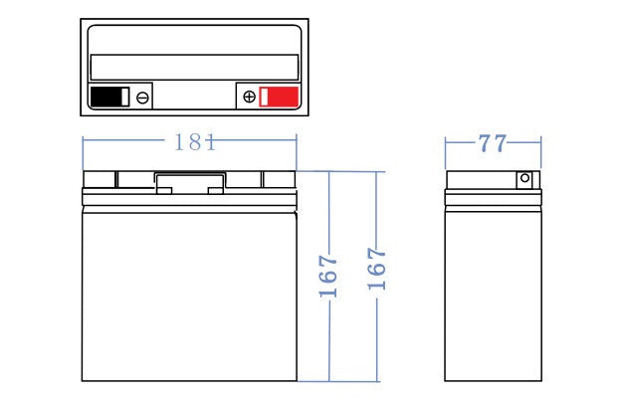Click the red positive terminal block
pos(279,97)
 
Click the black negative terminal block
pos(109,97)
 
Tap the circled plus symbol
pos(249,97)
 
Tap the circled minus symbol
pos(142,98)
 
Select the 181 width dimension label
pos(195,142)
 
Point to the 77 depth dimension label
pos(493,143)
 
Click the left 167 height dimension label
pos(328,276)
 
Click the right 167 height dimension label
pos(376,269)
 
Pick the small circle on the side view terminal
pos(524,178)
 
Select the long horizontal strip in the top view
pos(195,67)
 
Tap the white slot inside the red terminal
pos(264,98)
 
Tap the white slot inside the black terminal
pos(124,98)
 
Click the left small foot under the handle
pos(164,191)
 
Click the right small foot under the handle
pos(216,191)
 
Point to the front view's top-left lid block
pos(100,179)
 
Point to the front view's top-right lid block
pos(280,179)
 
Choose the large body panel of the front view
pos(189,297)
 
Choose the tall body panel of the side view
pos(493,296)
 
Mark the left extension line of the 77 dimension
pos(445,153)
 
